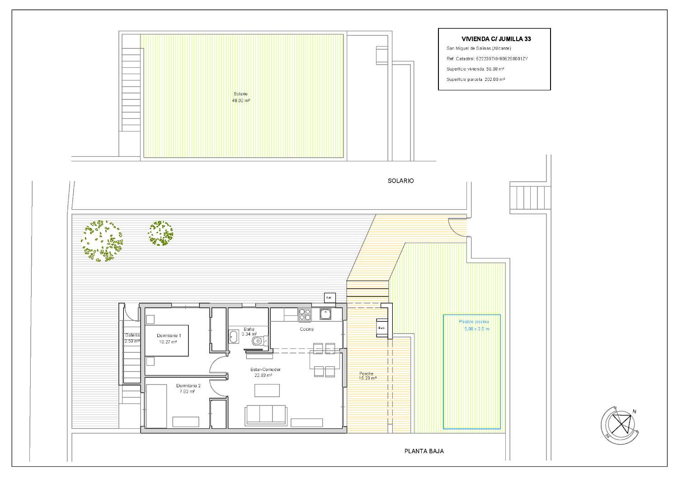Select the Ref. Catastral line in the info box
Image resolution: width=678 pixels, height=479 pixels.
pyautogui.click(x=487, y=59)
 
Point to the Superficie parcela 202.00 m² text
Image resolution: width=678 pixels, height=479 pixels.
pyautogui.click(x=476, y=79)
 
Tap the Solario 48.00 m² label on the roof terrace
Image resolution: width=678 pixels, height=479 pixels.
pyautogui.click(x=241, y=97)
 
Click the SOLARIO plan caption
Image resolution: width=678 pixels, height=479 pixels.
pyautogui.click(x=400, y=181)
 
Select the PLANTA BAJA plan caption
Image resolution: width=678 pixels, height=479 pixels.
pyautogui.click(x=424, y=451)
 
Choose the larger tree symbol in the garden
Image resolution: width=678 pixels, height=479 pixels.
pyautogui.click(x=103, y=240)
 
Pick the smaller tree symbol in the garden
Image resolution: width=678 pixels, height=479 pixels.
pyautogui.click(x=161, y=233)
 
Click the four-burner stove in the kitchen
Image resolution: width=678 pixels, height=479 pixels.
pyautogui.click(x=304, y=314)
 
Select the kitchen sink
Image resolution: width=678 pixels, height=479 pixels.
pyautogui.click(x=325, y=314)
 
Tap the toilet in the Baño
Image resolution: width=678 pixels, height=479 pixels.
pyautogui.click(x=258, y=341)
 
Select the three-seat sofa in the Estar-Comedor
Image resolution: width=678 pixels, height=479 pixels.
pyautogui.click(x=265, y=415)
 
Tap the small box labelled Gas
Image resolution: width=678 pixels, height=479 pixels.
pyautogui.click(x=329, y=297)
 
